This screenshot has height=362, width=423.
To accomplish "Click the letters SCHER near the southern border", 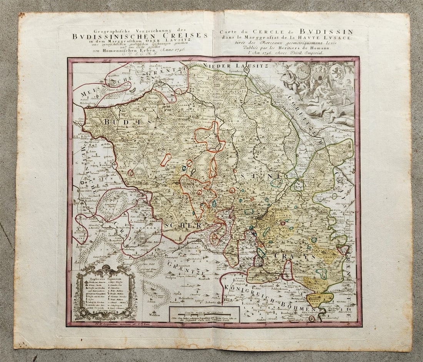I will tap(187, 226).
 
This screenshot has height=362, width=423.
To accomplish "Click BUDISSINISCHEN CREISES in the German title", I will tap(140, 36).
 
